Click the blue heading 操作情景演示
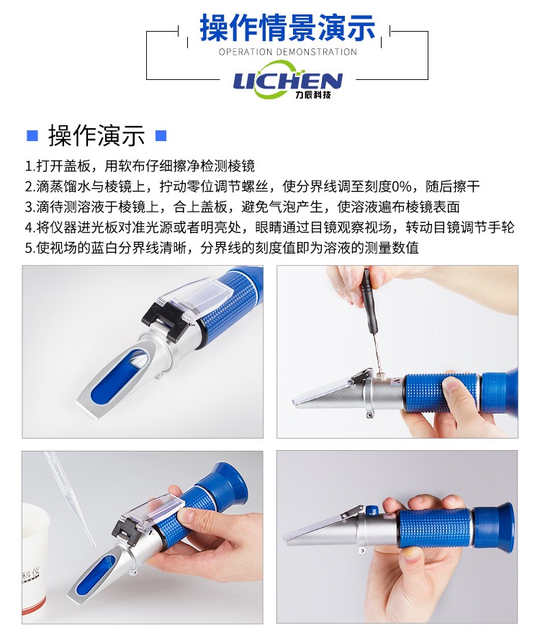pos(287,27)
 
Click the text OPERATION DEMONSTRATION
pos(287,52)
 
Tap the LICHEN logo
pos(287,80)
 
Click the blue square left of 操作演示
pos(32,135)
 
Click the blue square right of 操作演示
pos(161,135)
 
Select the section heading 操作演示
pos(96,135)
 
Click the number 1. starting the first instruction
pos(30,166)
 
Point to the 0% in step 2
pos(401,187)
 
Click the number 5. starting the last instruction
pos(30,248)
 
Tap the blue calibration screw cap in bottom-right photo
pos(372,509)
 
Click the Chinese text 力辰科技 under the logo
pos(313,95)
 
